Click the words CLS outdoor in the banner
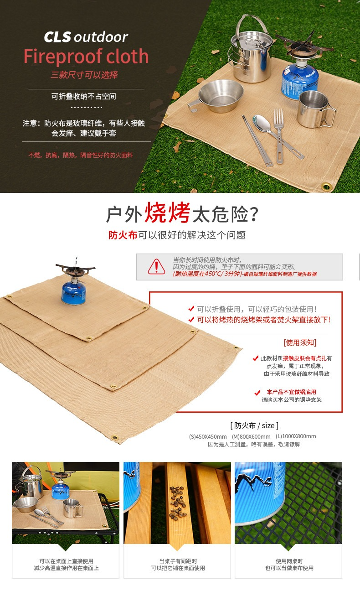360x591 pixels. (86, 36)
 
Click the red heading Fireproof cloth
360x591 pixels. (86, 56)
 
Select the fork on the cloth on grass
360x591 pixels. (279, 136)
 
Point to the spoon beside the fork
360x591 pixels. (277, 137)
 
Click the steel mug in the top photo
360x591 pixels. (316, 109)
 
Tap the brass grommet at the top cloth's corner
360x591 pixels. (326, 187)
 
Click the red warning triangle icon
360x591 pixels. (156, 267)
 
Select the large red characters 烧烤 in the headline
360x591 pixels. (167, 213)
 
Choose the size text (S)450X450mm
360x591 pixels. (208, 437)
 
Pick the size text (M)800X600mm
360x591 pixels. (251, 437)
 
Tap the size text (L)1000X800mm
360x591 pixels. (296, 436)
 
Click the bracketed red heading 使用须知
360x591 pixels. (300, 342)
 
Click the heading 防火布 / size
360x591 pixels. (254, 425)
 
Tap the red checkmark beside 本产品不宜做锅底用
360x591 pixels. (257, 393)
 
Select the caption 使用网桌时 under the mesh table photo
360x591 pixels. (289, 561)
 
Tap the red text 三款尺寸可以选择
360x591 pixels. (84, 75)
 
